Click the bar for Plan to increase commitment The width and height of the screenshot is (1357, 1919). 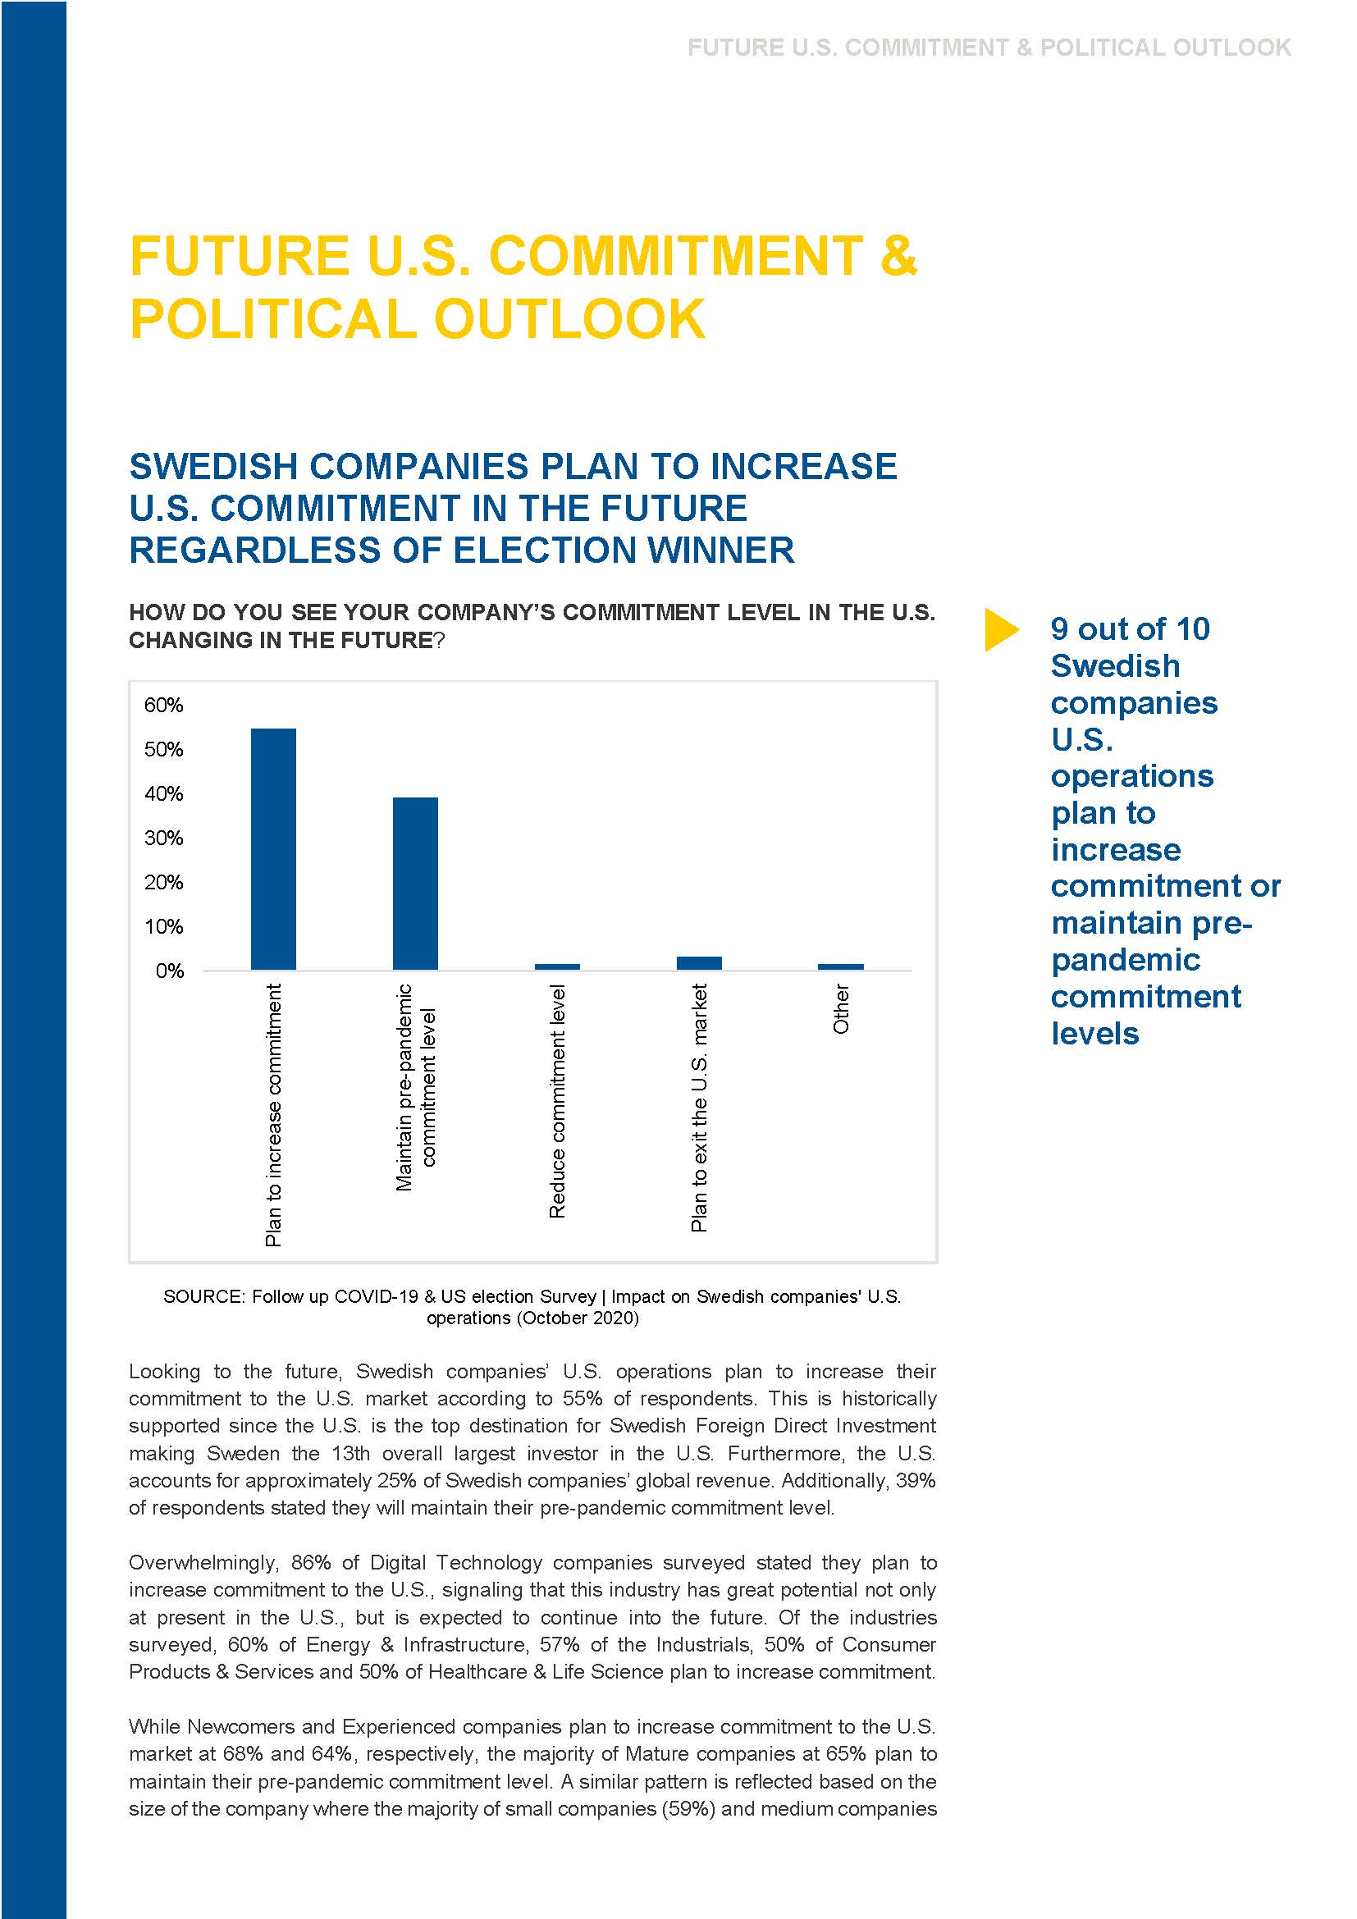(273, 848)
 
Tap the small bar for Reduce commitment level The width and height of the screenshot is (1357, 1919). (556, 966)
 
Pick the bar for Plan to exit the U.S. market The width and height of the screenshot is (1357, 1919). (698, 963)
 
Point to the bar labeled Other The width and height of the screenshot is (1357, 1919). (841, 966)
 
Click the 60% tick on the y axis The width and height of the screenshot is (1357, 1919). (163, 705)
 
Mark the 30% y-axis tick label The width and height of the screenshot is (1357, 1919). (163, 838)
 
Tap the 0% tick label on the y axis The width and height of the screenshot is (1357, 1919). (169, 971)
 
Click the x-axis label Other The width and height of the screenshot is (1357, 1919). (842, 1008)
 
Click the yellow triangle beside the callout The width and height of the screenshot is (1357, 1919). (1000, 629)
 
